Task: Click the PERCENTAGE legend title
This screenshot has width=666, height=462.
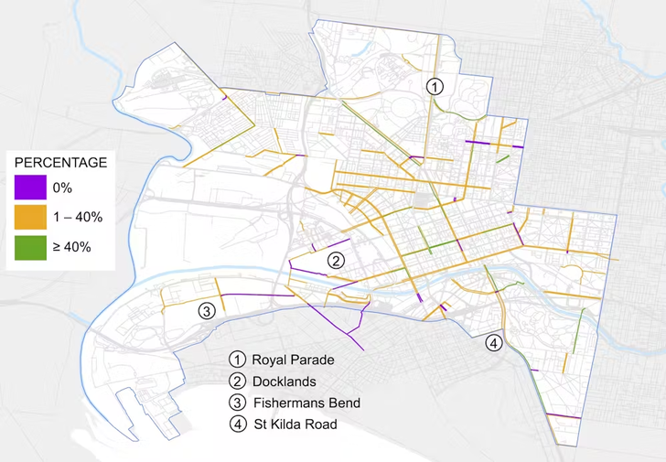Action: tap(60, 163)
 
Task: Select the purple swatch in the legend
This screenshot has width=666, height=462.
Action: tap(30, 188)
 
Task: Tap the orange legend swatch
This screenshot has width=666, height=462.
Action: tap(30, 217)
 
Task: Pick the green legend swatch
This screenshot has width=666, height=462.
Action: tap(30, 246)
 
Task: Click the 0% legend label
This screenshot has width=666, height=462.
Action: tap(67, 188)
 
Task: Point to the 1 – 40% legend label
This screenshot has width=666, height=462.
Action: tap(78, 217)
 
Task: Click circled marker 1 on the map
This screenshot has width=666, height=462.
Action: tap(435, 87)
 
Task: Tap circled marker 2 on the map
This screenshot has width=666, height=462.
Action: tap(337, 261)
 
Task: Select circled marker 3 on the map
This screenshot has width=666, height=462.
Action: tap(207, 310)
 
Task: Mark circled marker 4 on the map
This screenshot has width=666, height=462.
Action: tap(494, 344)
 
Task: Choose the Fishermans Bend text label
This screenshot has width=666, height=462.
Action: tap(306, 403)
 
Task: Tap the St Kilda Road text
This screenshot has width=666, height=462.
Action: tap(295, 424)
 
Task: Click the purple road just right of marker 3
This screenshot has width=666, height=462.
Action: tap(247, 295)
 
